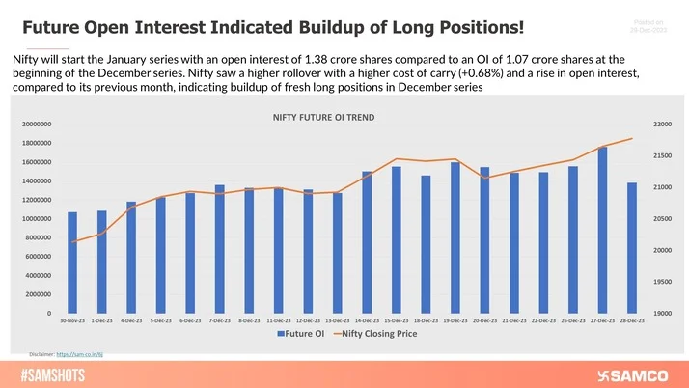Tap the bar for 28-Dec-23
pos(632,248)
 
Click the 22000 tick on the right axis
pos(664,125)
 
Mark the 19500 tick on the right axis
pos(664,282)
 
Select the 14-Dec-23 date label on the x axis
pos(367,319)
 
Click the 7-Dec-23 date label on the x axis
pos(220,319)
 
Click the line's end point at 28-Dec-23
pos(632,139)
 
